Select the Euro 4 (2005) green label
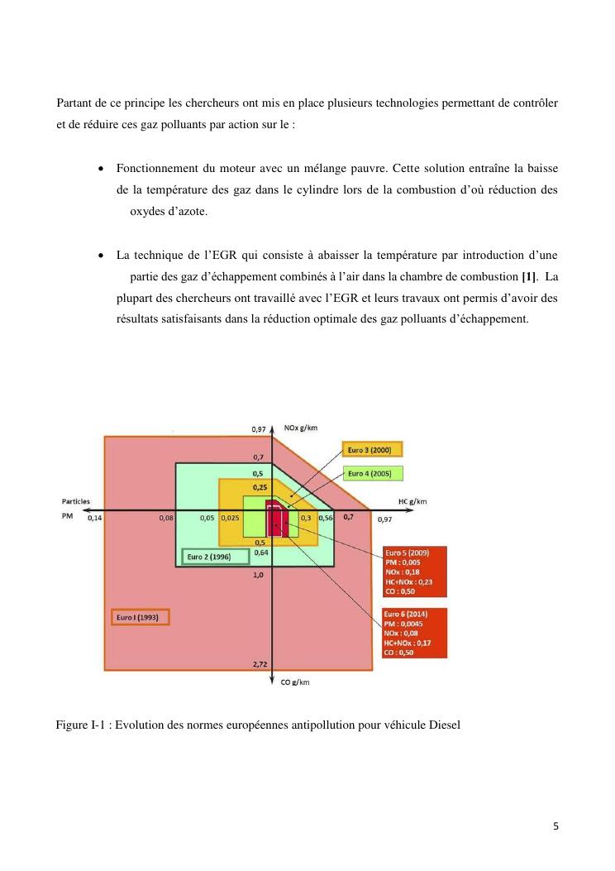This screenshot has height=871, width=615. tap(372, 473)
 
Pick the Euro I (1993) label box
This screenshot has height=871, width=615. tap(139, 617)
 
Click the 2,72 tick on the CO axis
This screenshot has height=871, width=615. tap(259, 664)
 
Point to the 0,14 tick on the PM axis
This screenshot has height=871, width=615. tap(94, 518)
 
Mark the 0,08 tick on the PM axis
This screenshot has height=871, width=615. tap(166, 518)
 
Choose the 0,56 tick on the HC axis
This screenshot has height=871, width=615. tap(325, 518)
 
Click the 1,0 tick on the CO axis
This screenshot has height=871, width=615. tap(259, 574)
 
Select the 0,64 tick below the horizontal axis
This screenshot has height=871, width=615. tap(260, 552)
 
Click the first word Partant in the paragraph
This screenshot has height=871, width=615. tap(75, 103)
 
